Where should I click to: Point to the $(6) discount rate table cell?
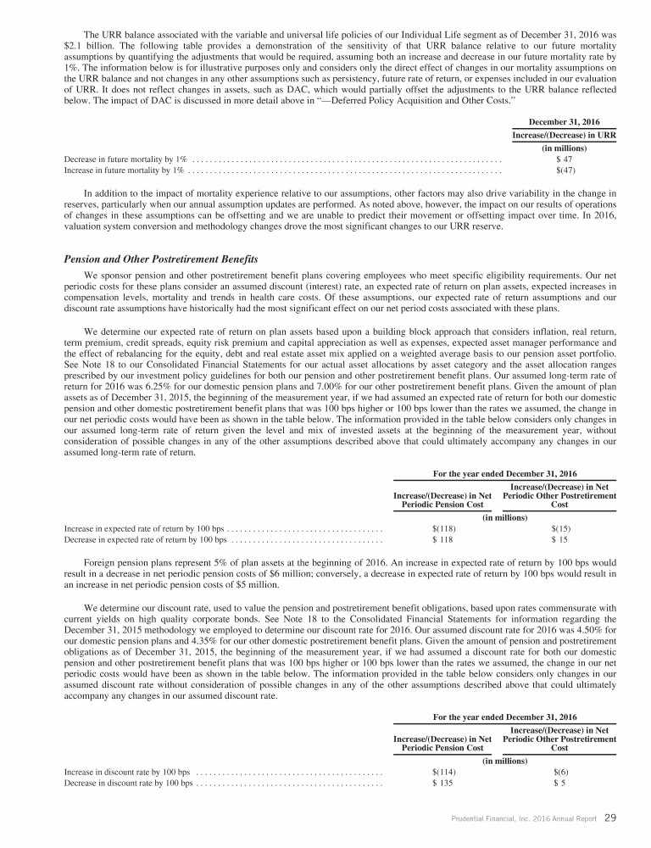click(559, 772)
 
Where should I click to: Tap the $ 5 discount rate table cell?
click(559, 784)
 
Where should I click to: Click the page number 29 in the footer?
click(611, 818)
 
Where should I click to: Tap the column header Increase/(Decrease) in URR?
click(559, 136)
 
